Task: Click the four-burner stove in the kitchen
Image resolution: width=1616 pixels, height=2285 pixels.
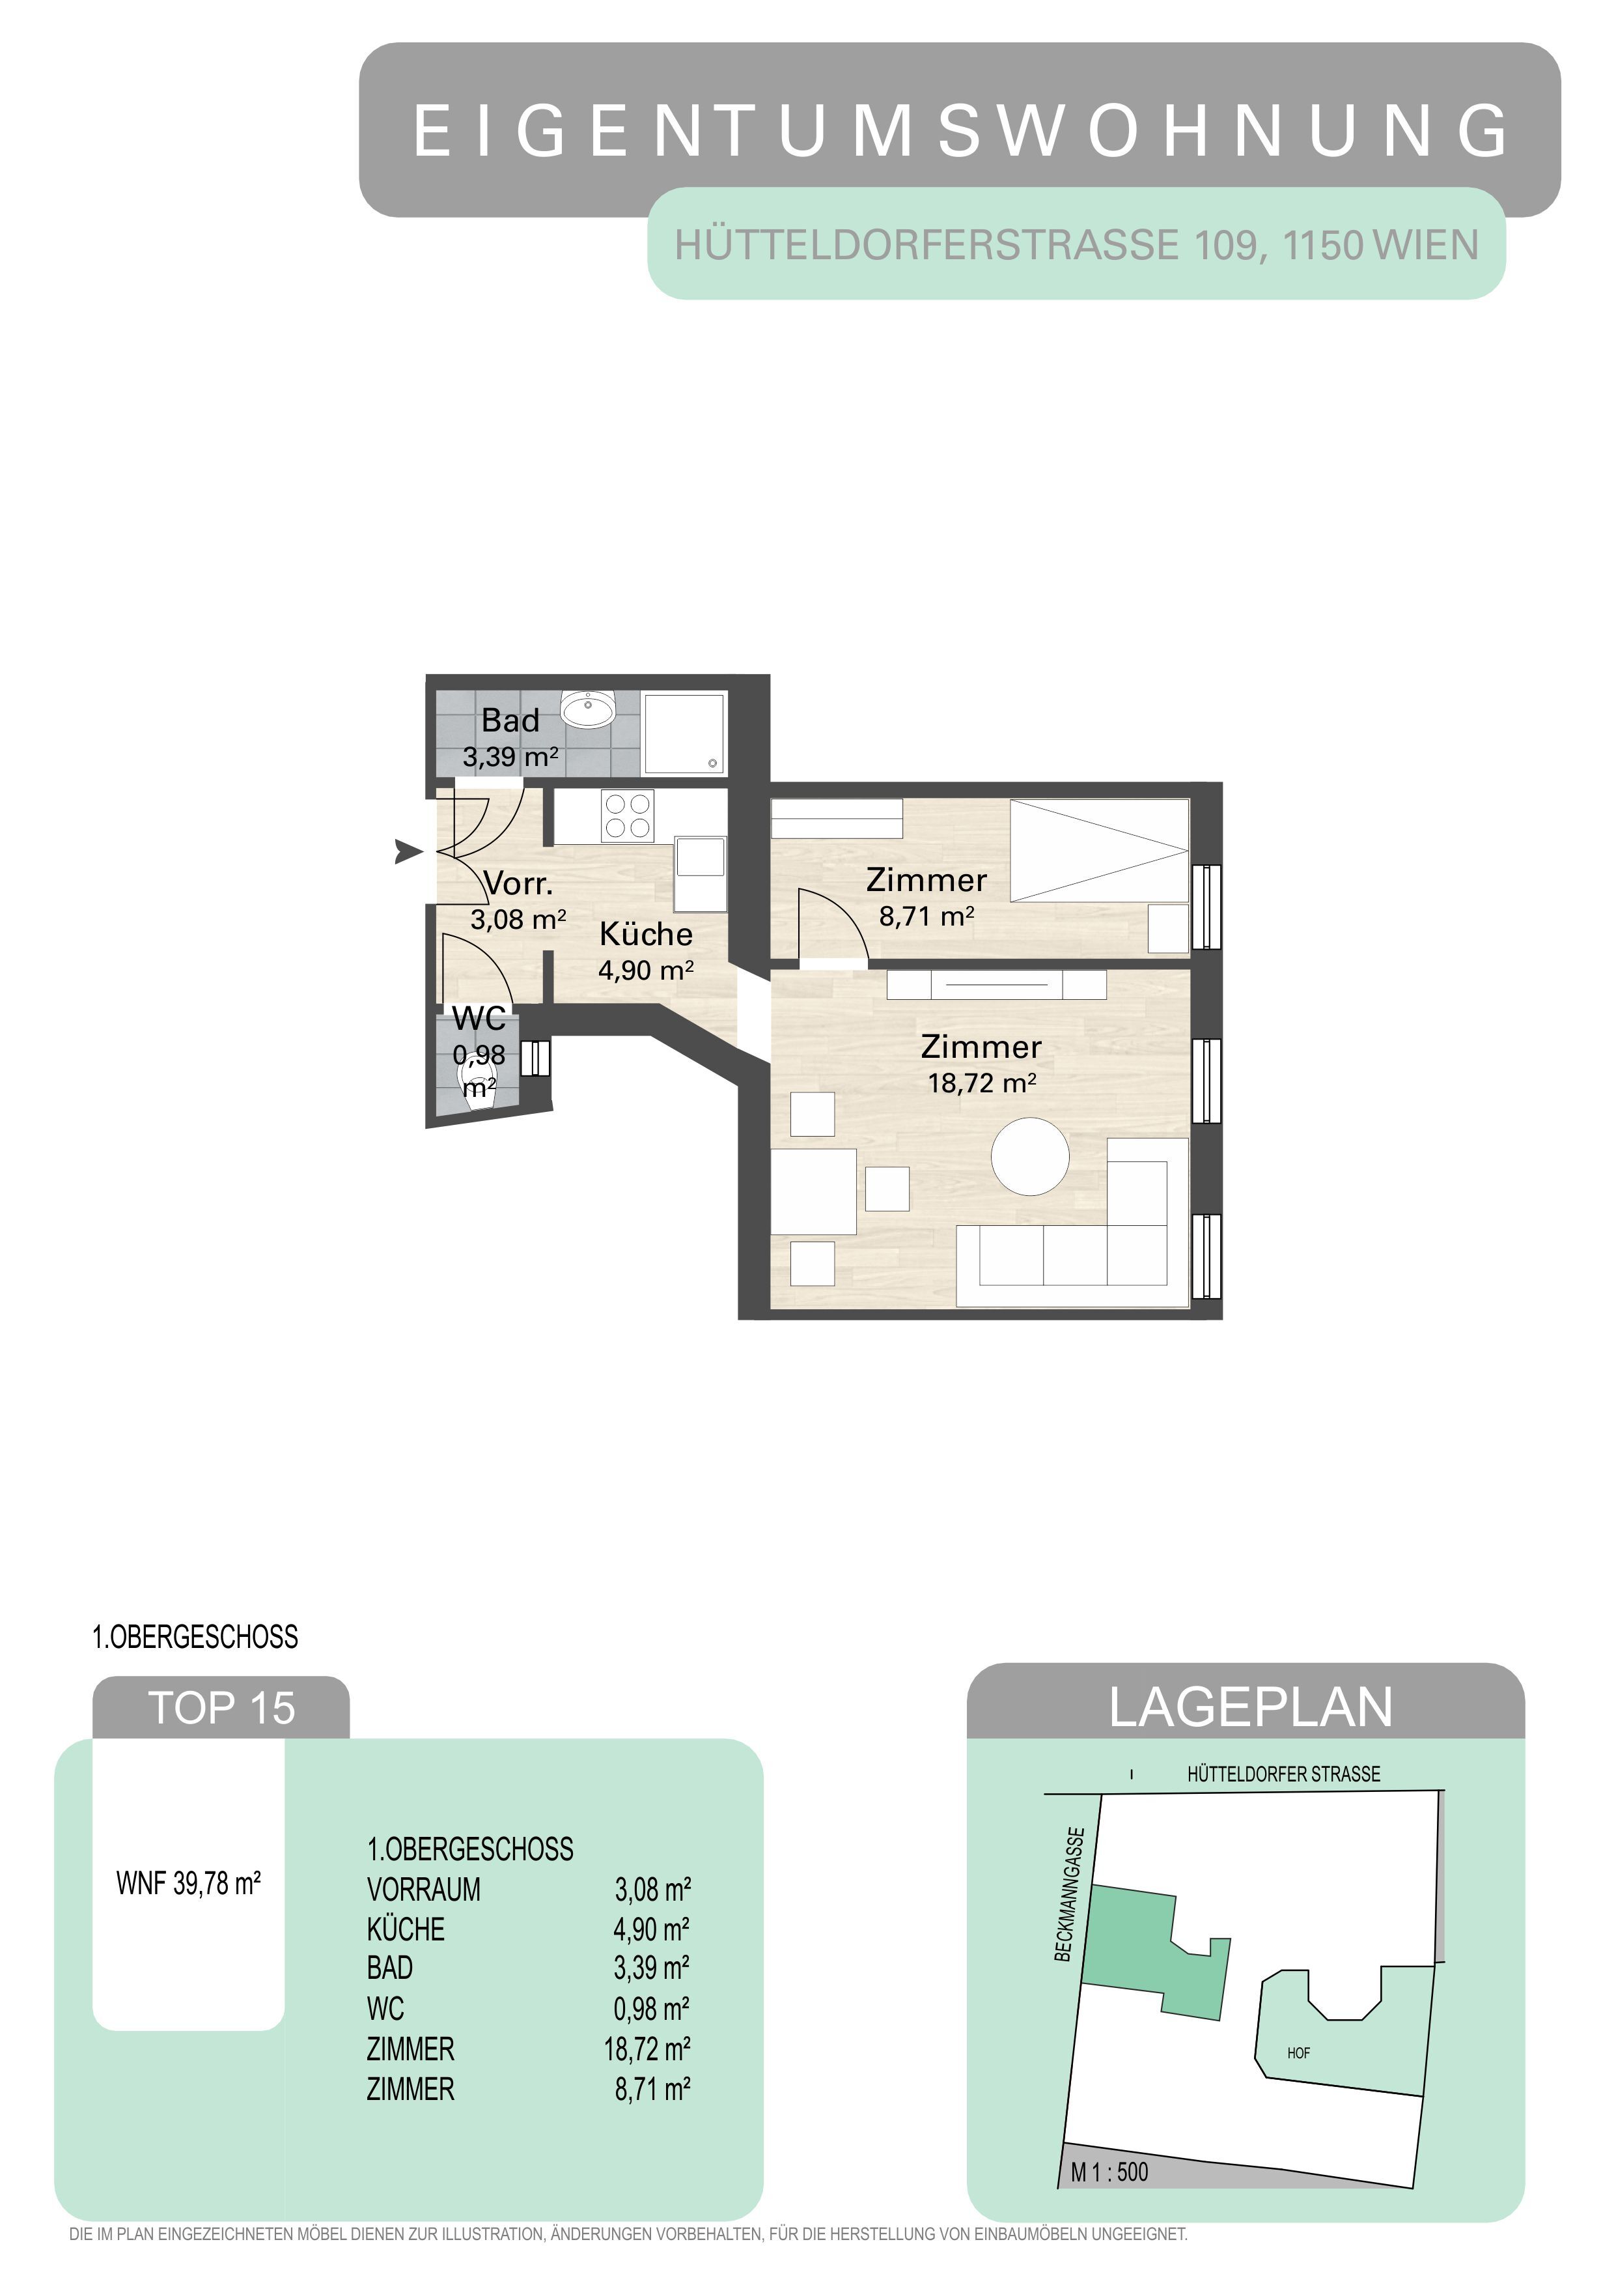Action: tap(628, 816)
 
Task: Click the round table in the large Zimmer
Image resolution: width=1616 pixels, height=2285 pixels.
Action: tap(1030, 1156)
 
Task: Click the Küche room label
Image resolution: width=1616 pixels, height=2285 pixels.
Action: tap(646, 933)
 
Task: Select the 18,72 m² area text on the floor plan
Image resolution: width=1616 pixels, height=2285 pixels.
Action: tap(982, 1083)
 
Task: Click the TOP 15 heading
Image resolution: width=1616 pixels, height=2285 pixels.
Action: tap(221, 1709)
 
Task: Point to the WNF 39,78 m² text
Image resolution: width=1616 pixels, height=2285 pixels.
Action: tap(188, 1884)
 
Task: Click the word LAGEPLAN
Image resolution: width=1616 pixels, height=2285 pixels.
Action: tap(1251, 1708)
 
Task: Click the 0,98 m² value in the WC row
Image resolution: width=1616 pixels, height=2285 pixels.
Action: tap(652, 2008)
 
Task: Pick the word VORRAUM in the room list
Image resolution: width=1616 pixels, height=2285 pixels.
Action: tap(424, 1889)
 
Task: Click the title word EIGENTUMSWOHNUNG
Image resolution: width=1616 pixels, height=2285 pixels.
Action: tap(960, 130)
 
